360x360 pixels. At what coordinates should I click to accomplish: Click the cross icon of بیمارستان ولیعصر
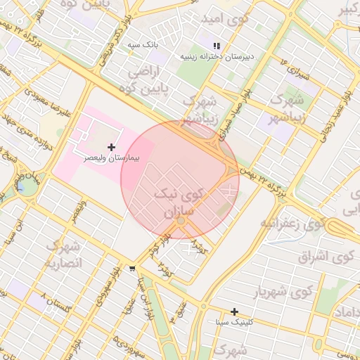[x=111, y=148]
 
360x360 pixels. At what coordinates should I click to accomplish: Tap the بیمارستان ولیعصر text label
[x=111, y=158]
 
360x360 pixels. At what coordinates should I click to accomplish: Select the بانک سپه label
[x=143, y=44]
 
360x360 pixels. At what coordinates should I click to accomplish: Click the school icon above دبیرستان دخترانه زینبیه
[x=217, y=45]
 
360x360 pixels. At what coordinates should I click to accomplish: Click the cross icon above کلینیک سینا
[x=234, y=311]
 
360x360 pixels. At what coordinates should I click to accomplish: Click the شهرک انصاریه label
[x=64, y=255]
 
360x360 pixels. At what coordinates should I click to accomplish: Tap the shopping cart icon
[x=132, y=269]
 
